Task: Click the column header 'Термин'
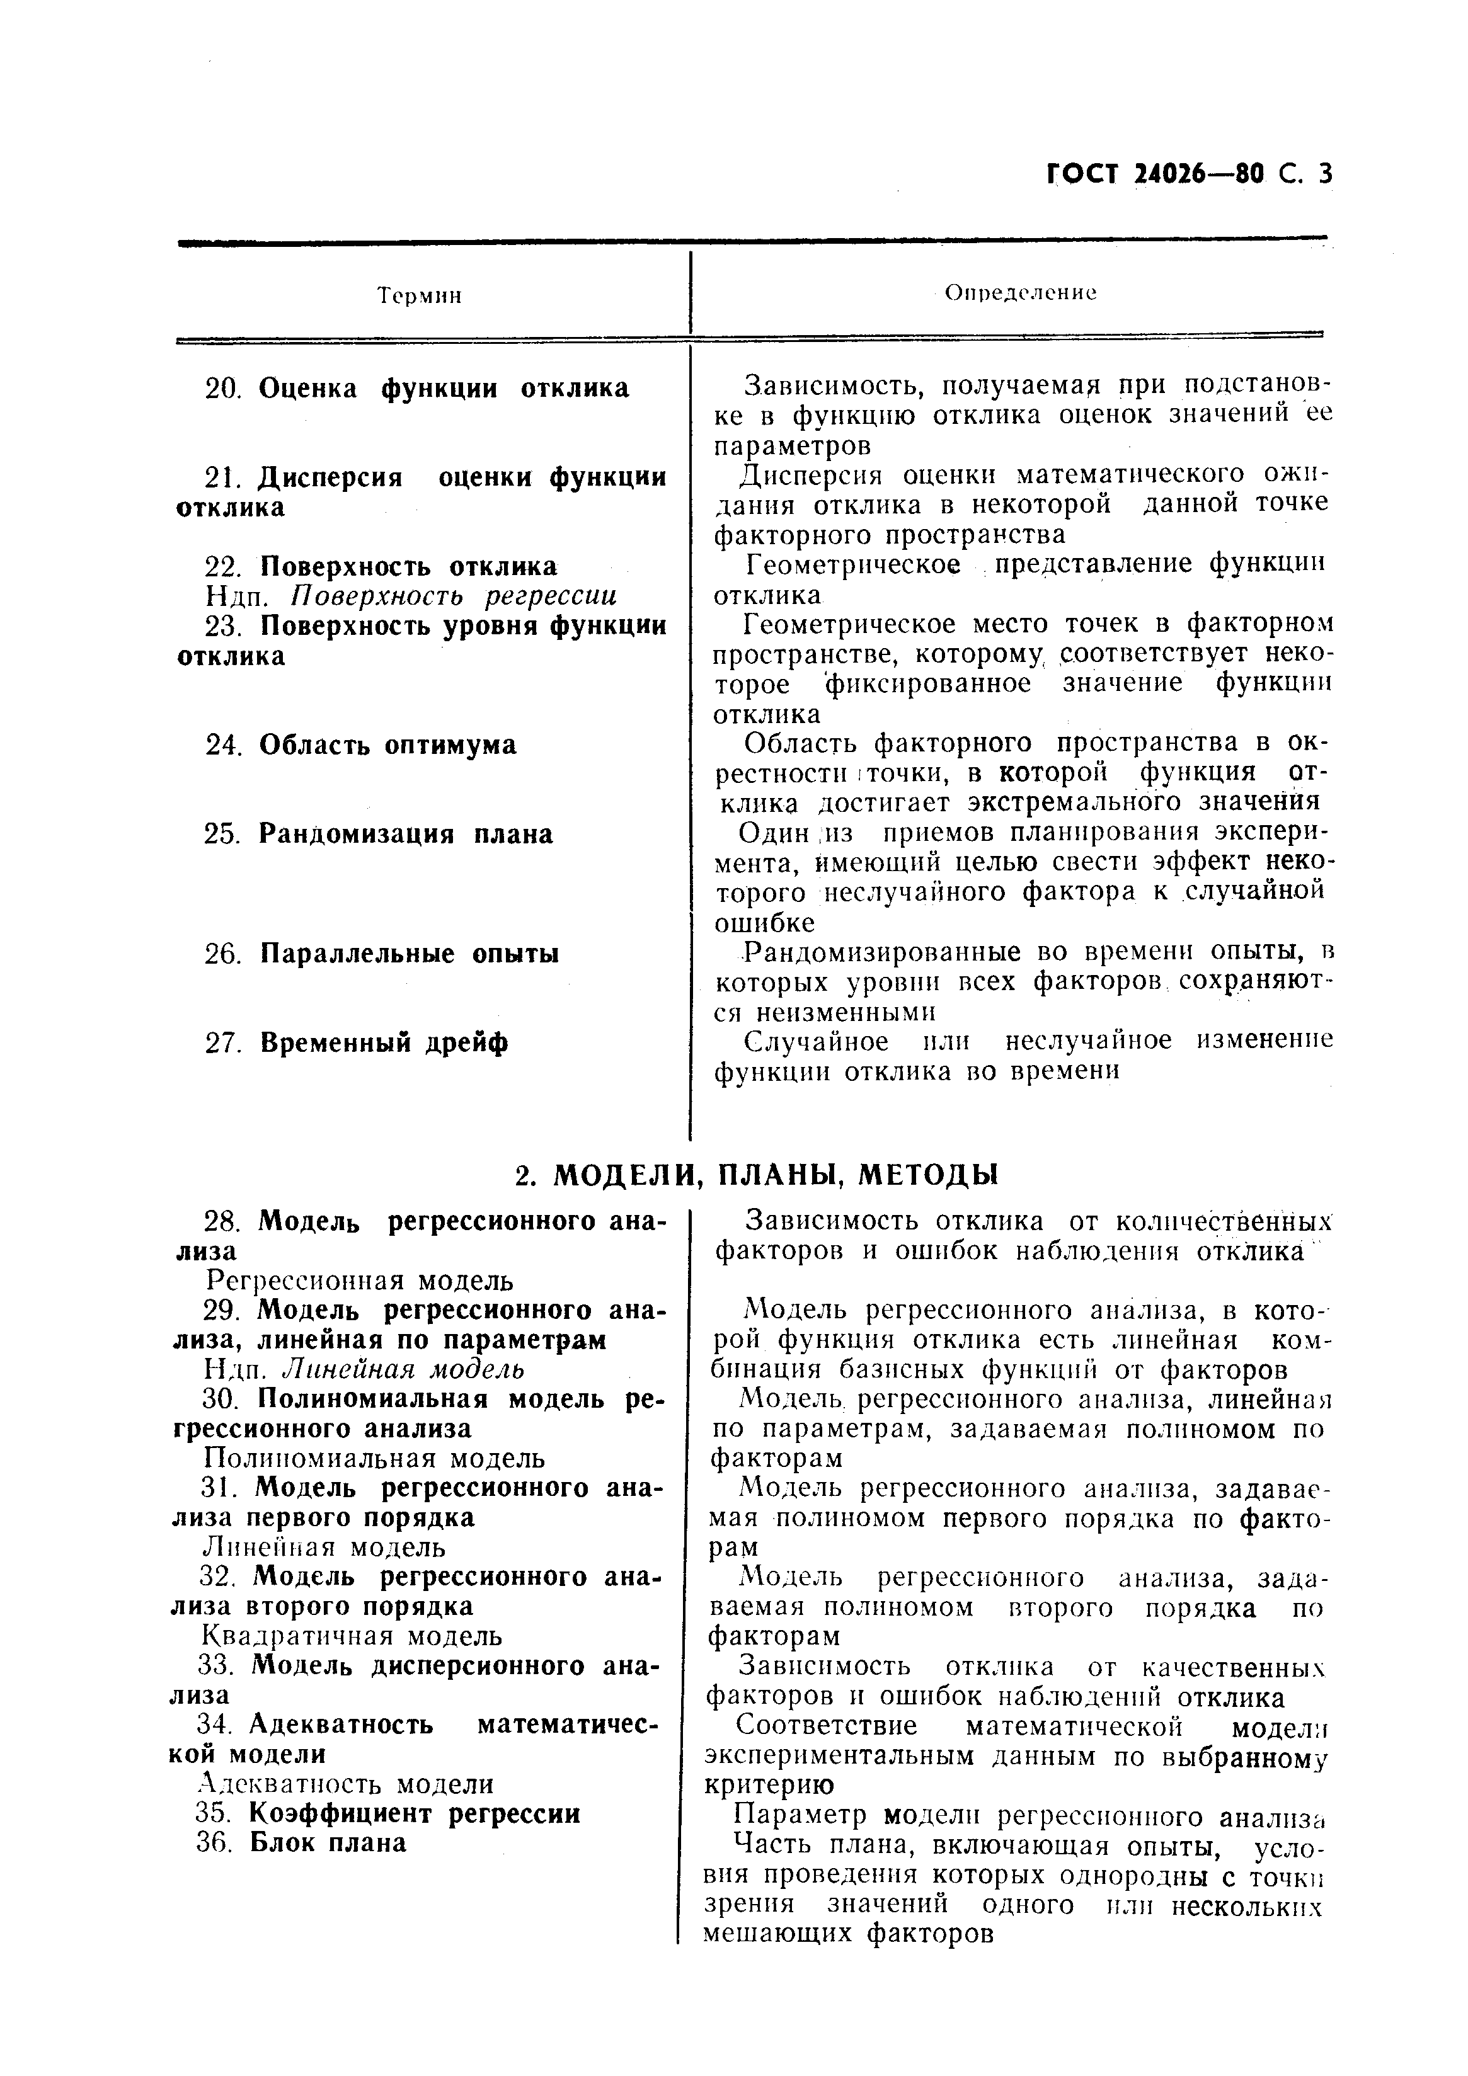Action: (419, 295)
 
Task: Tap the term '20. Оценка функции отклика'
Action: (417, 388)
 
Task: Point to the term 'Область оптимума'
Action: (387, 745)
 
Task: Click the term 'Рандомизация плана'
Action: (405, 834)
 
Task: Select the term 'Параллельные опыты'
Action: (409, 953)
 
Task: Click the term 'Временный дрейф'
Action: (384, 1042)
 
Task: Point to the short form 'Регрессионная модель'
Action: (359, 1280)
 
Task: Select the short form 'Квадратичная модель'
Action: (351, 1636)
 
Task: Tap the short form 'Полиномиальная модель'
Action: (374, 1457)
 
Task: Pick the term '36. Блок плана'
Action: (301, 1843)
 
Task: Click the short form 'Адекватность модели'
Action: (345, 1784)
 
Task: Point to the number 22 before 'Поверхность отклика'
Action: (221, 567)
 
